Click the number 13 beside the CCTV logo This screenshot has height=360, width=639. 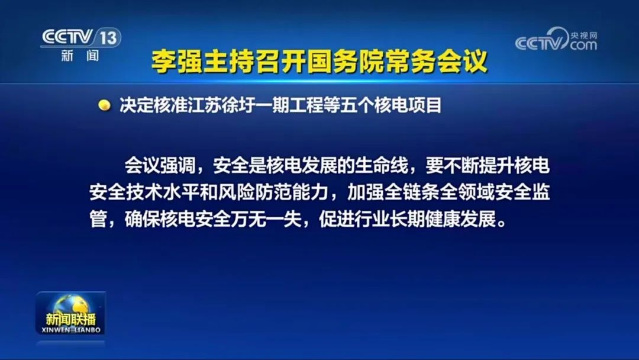tap(109, 38)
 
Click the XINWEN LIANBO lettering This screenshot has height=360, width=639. tap(71, 329)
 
